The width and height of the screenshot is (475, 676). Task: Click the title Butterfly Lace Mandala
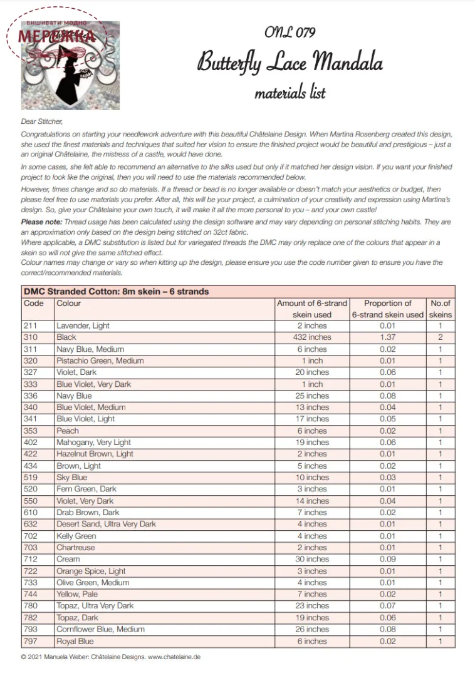click(290, 63)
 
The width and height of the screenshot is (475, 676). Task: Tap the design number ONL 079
click(290, 32)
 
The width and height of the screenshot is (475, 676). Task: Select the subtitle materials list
click(290, 93)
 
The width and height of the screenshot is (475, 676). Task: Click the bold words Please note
click(40, 222)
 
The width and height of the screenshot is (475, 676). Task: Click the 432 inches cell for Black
click(312, 337)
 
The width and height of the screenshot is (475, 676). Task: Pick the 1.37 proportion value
click(387, 337)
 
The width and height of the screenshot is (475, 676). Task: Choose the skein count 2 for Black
click(441, 337)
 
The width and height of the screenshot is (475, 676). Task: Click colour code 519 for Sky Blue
click(31, 478)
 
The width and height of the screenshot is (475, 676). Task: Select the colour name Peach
click(68, 431)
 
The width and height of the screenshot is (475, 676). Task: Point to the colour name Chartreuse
click(76, 548)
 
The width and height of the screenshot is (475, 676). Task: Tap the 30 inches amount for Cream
click(312, 559)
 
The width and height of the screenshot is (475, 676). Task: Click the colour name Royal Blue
click(75, 641)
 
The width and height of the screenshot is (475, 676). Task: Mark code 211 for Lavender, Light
click(31, 325)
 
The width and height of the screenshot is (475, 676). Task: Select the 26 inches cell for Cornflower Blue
click(312, 629)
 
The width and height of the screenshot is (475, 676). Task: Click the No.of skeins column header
click(441, 309)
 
